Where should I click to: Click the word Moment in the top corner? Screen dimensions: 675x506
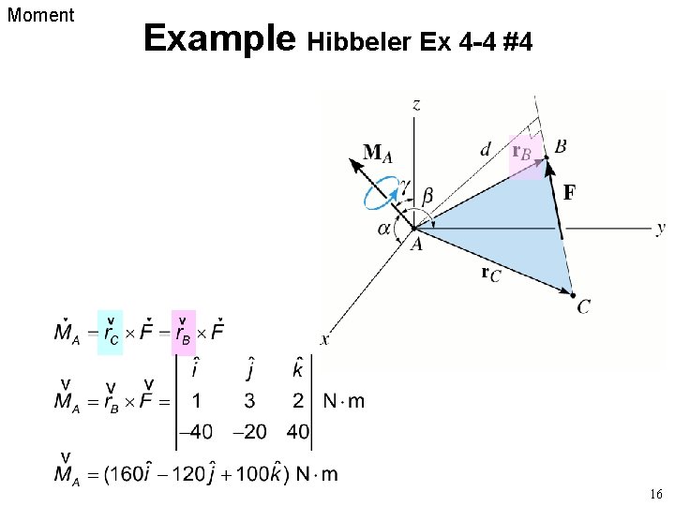click(x=40, y=15)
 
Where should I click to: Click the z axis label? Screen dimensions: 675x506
click(x=415, y=104)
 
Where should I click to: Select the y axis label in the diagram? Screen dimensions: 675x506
click(x=661, y=228)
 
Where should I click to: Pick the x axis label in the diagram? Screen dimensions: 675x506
click(x=324, y=339)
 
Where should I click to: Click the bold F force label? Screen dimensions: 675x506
click(x=569, y=193)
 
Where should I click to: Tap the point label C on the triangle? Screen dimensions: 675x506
click(x=584, y=306)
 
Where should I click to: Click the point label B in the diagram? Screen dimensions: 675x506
click(x=560, y=146)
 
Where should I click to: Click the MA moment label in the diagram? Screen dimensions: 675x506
click(x=378, y=153)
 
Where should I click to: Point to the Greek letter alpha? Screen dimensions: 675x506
click(x=384, y=229)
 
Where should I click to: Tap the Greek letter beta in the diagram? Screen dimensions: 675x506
click(x=427, y=196)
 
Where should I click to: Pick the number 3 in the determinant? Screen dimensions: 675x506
click(x=250, y=402)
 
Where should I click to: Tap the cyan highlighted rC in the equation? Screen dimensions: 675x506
click(x=110, y=333)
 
